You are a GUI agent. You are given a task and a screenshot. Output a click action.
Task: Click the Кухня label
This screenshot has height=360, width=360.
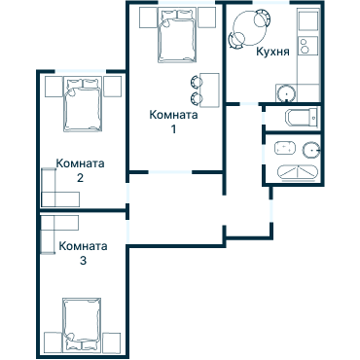[x=272, y=52]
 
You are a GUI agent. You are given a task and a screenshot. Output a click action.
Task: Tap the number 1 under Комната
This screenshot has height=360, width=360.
[x=174, y=129]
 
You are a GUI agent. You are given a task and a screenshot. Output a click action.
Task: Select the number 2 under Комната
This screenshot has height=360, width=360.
[x=80, y=178]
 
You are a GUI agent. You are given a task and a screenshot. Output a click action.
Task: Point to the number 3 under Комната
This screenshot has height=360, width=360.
[x=83, y=261]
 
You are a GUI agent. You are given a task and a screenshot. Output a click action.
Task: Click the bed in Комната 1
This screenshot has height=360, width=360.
[x=177, y=35]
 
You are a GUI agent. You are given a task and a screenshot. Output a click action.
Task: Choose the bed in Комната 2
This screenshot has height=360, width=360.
[x=83, y=104]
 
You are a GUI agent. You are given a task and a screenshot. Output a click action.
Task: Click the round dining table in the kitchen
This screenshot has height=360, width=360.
[x=250, y=28]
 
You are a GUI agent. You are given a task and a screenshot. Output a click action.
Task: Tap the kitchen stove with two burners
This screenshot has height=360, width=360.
[x=308, y=46]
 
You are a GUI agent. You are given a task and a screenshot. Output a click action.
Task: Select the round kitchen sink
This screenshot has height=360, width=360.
[x=286, y=93]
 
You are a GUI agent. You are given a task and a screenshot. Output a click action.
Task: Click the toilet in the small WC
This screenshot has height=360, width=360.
[x=301, y=118]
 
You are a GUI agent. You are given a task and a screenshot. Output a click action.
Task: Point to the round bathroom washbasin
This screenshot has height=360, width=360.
[x=311, y=150]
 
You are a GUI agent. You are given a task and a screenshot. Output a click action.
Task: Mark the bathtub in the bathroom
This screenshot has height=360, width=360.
[x=297, y=173]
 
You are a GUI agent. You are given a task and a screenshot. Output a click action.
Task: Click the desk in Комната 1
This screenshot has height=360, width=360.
[x=210, y=90]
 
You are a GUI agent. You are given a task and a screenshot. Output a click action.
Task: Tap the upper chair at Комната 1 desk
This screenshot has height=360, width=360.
[x=197, y=82]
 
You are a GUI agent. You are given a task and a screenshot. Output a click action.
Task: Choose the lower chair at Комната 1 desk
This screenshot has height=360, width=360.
[x=197, y=98]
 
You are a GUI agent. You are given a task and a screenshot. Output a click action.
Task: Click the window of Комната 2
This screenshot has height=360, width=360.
[x=81, y=71]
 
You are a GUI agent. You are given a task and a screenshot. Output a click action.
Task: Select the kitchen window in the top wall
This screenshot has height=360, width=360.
[x=271, y=3]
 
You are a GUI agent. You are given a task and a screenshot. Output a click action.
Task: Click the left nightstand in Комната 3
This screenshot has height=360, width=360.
[x=53, y=342]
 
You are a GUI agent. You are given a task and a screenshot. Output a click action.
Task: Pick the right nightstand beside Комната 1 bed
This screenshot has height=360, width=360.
[x=207, y=18]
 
